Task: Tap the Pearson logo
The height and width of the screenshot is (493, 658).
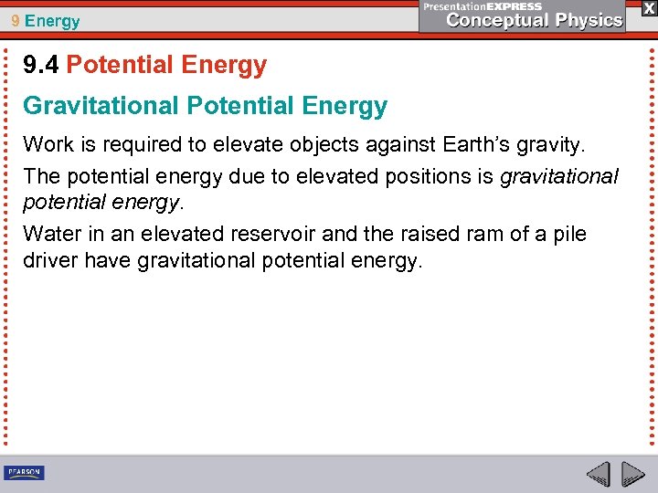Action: pyautogui.click(x=24, y=472)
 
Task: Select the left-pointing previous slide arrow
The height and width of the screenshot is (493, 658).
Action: pyautogui.click(x=598, y=474)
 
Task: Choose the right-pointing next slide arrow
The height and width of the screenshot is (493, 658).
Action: pyautogui.click(x=632, y=474)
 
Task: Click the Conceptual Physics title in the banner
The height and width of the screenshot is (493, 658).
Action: pyautogui.click(x=535, y=20)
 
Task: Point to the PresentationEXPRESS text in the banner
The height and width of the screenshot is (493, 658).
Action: pyautogui.click(x=482, y=5)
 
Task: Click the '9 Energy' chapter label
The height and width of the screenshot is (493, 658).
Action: pyautogui.click(x=45, y=20)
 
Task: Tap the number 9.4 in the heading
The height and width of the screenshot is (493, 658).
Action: pyautogui.click(x=41, y=66)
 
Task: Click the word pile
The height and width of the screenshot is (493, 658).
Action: pyautogui.click(x=568, y=234)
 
